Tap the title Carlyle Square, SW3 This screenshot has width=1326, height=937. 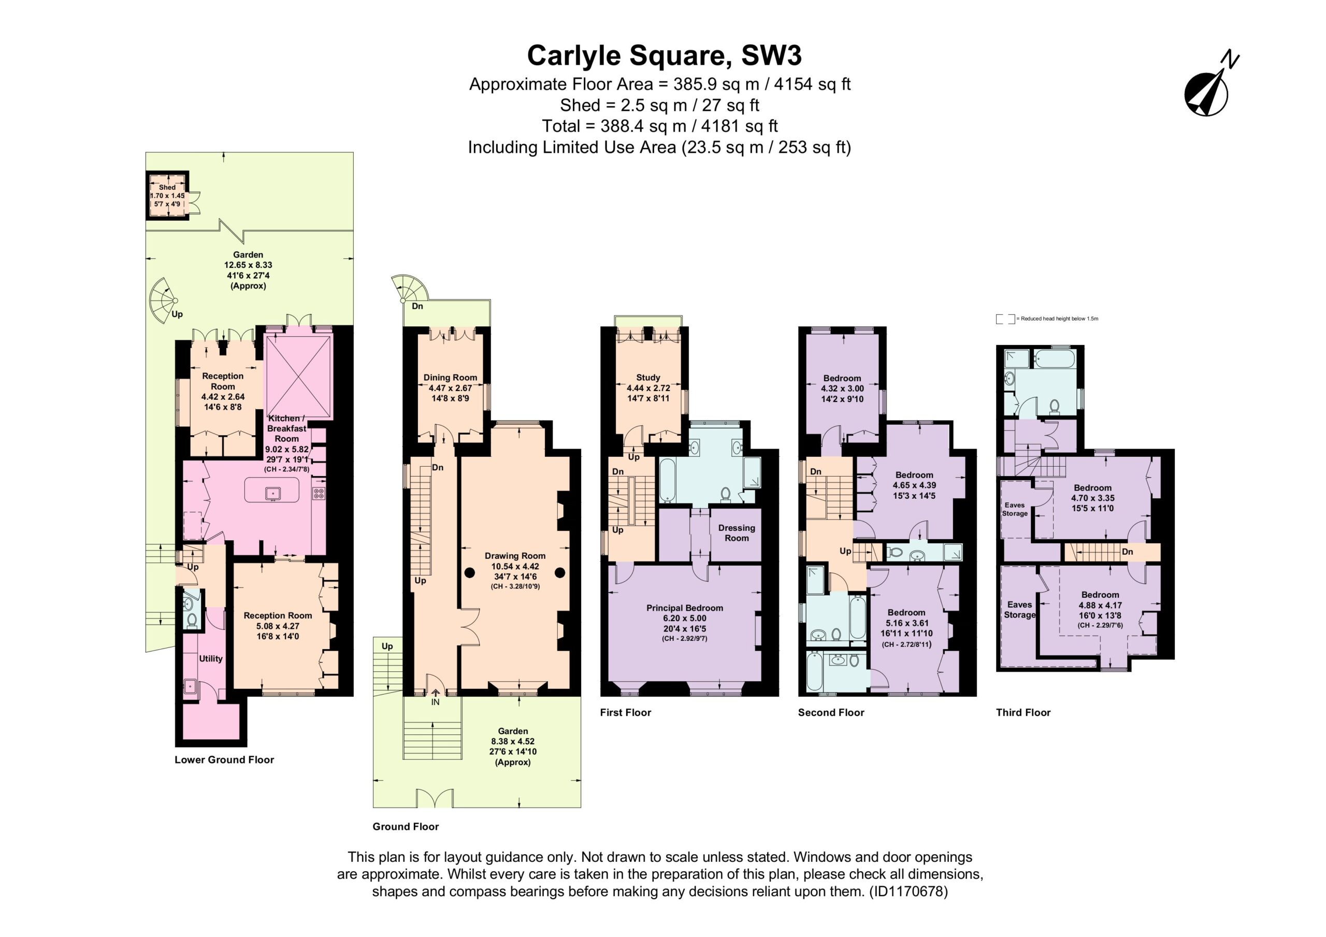pos(664,56)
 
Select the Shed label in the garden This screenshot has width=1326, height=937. pos(167,187)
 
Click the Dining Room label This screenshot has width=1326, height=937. pos(450,377)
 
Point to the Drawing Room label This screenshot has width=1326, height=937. pos(514,556)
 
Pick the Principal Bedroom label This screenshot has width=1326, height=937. pos(684,608)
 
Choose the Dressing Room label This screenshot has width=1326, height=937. pos(737,532)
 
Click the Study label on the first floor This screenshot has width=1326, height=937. pos(648,377)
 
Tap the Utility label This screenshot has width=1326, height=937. pos(210,658)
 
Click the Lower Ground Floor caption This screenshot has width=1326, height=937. pos(224,760)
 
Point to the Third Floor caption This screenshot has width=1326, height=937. pos(1023,712)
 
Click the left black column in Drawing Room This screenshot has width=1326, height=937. pos(469,573)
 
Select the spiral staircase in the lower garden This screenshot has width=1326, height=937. pos(164,299)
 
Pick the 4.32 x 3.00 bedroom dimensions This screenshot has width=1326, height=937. pos(842,388)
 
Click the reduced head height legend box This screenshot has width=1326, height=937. pos(1005,319)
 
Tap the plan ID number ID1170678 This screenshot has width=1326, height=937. pos(908,891)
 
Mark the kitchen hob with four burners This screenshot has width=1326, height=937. pos(318,493)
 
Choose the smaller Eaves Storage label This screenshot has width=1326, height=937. pos(1015,509)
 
